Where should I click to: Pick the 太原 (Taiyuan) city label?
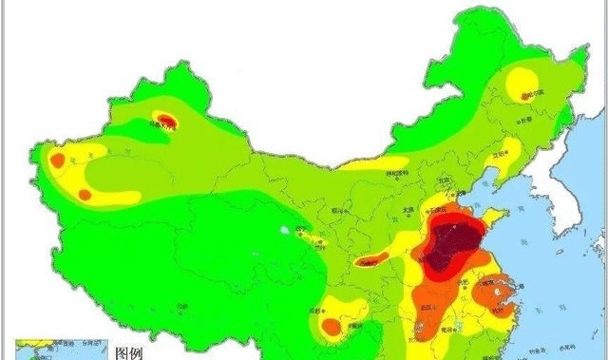click(x=408, y=209)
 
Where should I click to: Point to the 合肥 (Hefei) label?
click(x=463, y=282)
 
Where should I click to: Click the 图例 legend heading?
click(x=128, y=352)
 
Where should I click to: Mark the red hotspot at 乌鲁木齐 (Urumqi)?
click(x=166, y=121)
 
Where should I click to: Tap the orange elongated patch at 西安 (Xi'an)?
click(x=371, y=259)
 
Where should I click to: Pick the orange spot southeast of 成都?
click(x=332, y=326)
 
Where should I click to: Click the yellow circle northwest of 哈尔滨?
click(x=522, y=80)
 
